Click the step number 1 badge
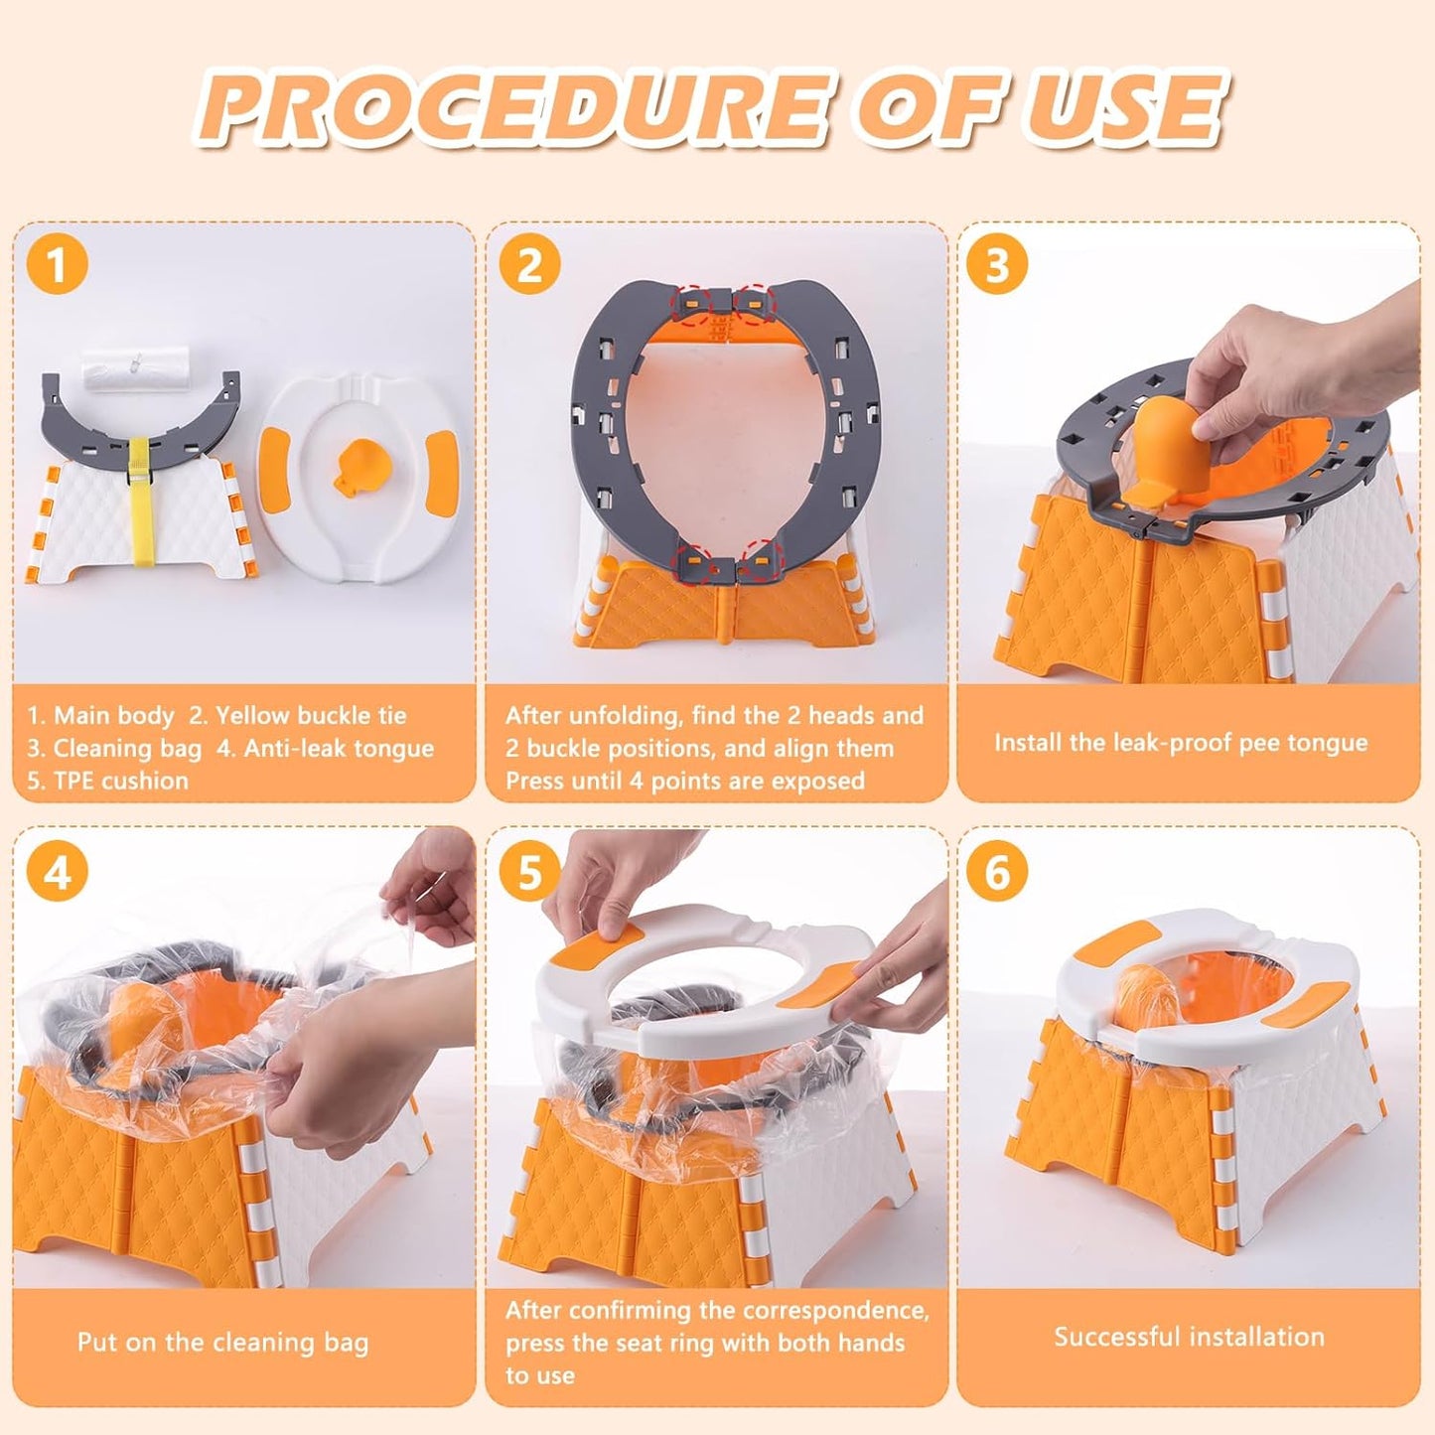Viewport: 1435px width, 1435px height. click(x=58, y=266)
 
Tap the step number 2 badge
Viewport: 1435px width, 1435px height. click(x=529, y=266)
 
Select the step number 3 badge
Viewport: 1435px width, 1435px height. click(x=997, y=266)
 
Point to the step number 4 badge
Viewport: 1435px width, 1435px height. click(x=58, y=872)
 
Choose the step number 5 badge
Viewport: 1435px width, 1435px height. click(x=529, y=872)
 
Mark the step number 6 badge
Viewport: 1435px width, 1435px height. click(x=997, y=872)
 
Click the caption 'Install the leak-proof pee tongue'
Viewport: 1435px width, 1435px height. click(x=1181, y=743)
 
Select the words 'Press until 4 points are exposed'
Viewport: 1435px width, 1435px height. click(x=684, y=781)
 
